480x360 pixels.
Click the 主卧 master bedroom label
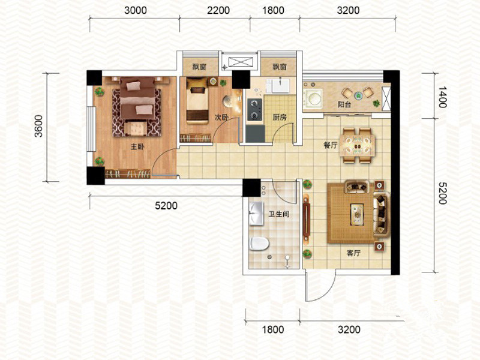pos(137,147)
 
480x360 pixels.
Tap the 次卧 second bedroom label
pos(221,117)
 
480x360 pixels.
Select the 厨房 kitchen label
pos(280,117)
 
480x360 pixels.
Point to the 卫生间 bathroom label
pos(279,214)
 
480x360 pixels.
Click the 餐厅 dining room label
pos(331,145)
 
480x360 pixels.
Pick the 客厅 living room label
pos(353,253)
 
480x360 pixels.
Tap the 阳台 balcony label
pos(344,104)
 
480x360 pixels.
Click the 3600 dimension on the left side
pos(38,126)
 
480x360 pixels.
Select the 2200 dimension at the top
pos(218,10)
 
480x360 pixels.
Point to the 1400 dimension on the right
pos(442,97)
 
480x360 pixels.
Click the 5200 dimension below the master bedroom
pos(166,206)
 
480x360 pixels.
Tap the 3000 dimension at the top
pos(136,10)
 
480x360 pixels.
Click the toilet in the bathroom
pos(259,244)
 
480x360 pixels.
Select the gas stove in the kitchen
pos(254,110)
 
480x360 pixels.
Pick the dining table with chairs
pos(358,146)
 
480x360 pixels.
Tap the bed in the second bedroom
pos(197,100)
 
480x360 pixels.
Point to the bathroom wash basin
pos(257,213)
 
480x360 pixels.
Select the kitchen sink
pos(281,86)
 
